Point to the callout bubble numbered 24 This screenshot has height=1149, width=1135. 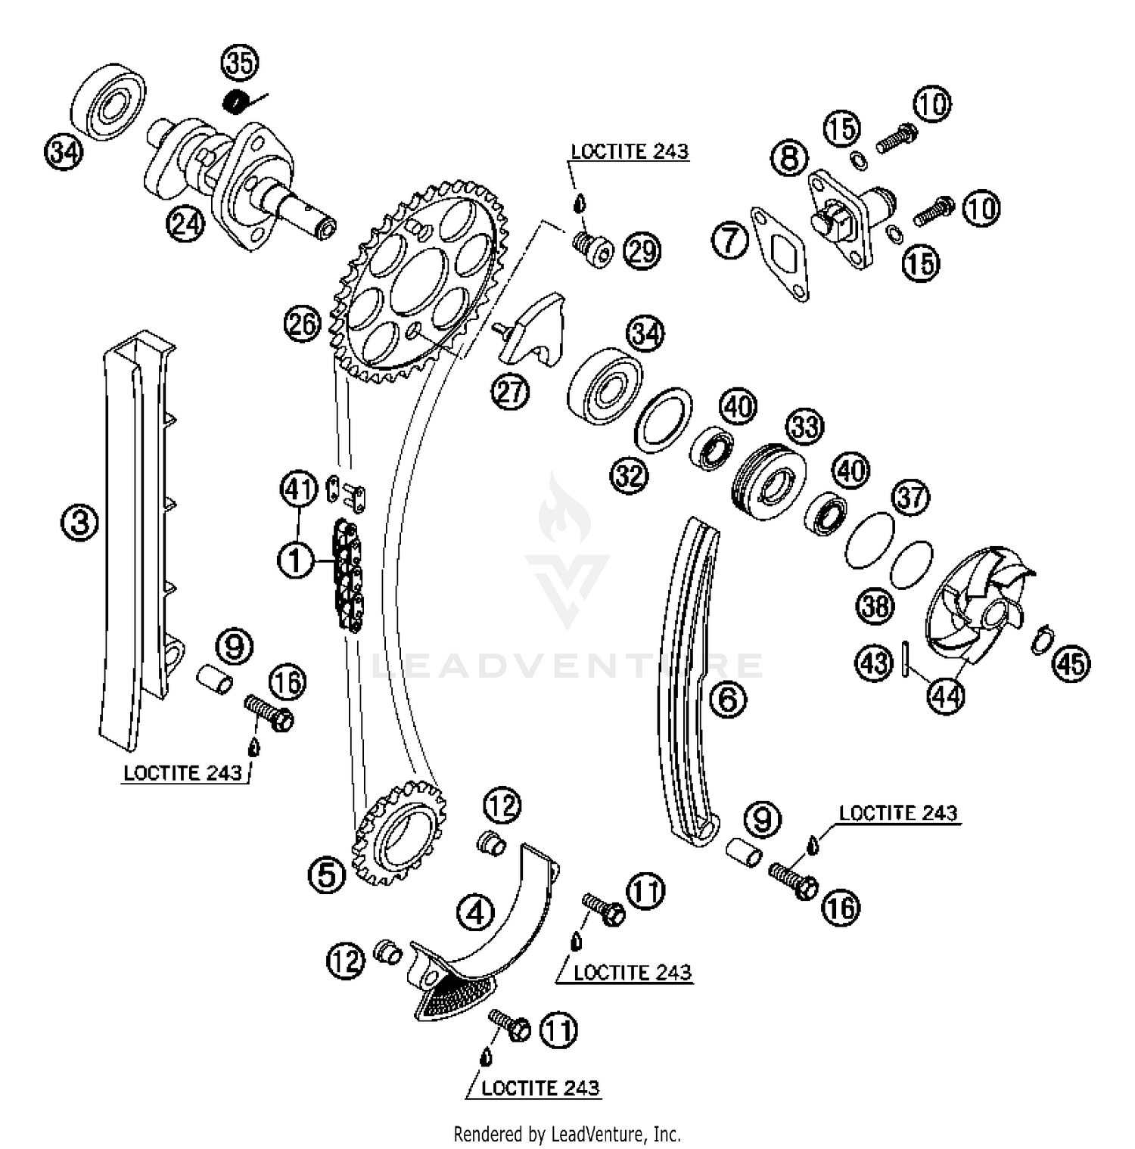click(186, 224)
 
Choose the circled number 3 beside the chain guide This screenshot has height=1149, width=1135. click(79, 523)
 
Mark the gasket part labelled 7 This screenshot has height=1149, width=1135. click(779, 253)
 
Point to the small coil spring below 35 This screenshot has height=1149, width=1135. click(240, 100)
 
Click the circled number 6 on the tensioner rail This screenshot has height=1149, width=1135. click(727, 698)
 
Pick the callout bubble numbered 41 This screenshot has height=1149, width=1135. click(298, 490)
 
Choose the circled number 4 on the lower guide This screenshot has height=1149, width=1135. click(475, 912)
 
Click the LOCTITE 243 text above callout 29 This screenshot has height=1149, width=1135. click(630, 151)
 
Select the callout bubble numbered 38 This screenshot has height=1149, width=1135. click(875, 605)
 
